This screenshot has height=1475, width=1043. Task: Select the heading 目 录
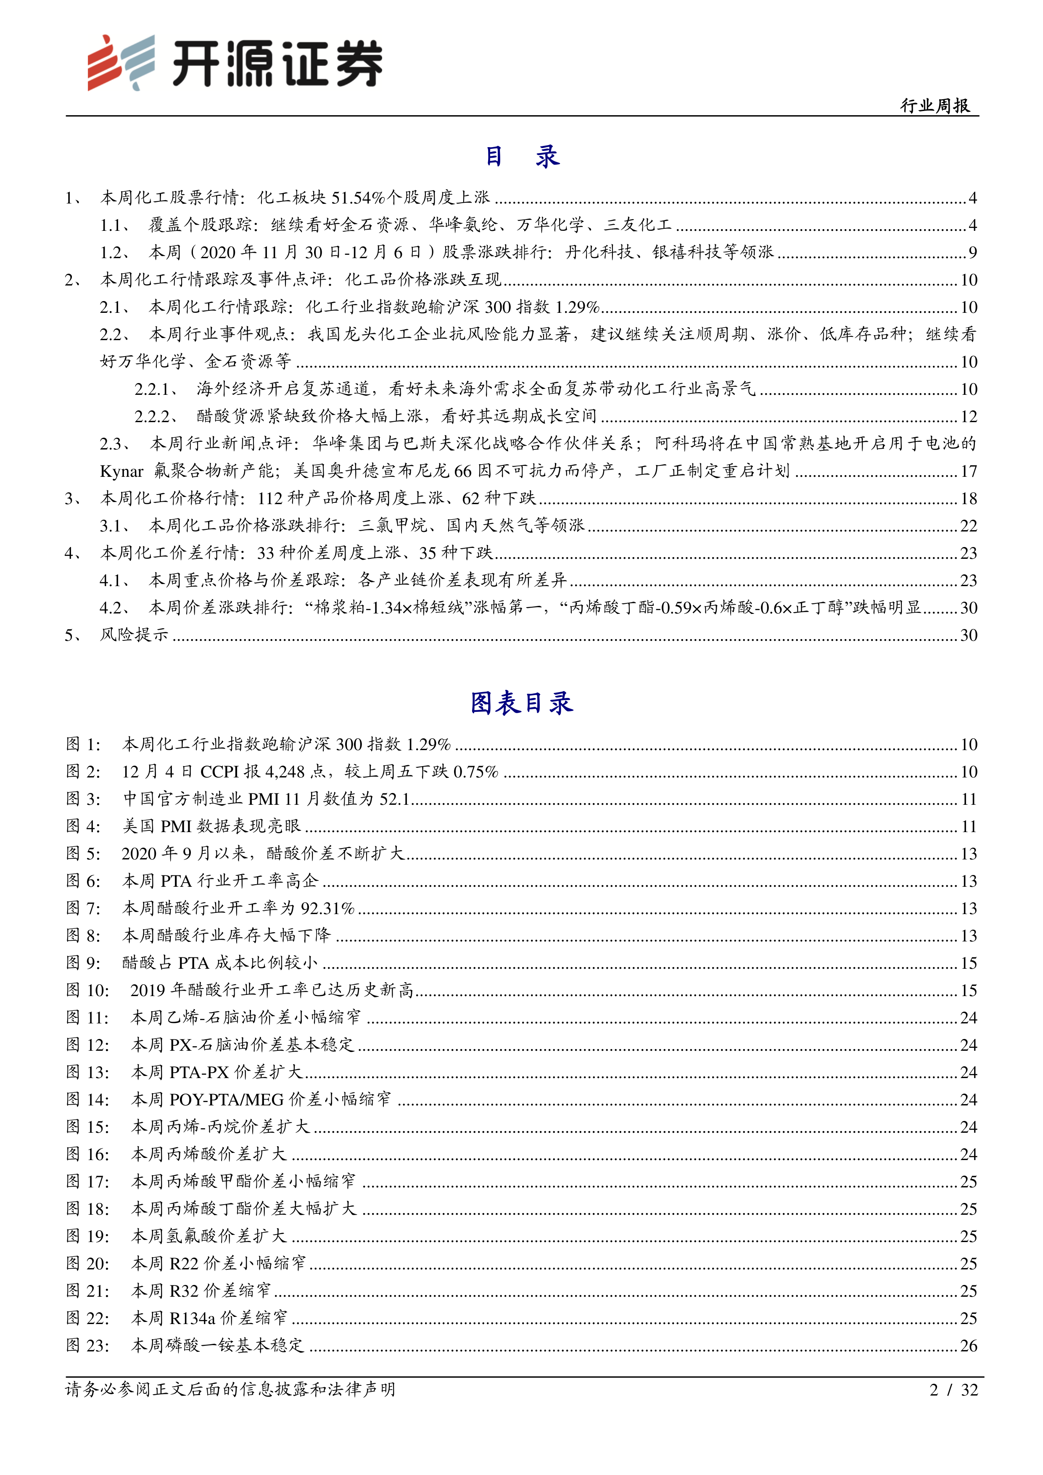point(521,156)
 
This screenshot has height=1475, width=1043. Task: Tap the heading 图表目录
point(521,703)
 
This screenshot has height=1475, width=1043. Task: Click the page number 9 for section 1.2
point(972,252)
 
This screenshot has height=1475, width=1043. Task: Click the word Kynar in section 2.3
point(121,471)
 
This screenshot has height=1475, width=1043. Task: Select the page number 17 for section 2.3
point(969,471)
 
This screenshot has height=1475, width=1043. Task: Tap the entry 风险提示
point(134,635)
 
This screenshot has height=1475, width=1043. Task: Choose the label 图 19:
point(88,1237)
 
